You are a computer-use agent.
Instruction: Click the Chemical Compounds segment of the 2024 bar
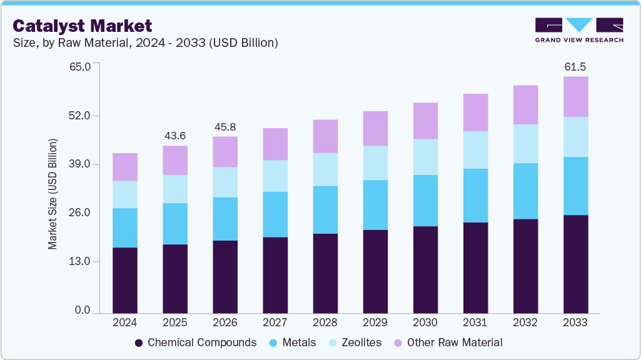coord(125,280)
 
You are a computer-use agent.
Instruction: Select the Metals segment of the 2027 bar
coord(275,214)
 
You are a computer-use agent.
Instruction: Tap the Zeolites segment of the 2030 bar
coord(425,157)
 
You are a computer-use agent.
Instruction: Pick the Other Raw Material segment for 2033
coord(575,97)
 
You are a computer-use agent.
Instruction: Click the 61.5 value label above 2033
coord(575,67)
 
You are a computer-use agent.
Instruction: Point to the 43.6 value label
coord(175,136)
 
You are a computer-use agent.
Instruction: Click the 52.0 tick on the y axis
coord(79,116)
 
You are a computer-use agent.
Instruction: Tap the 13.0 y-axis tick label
coord(79,261)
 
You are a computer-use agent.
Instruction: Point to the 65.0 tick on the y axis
coord(79,66)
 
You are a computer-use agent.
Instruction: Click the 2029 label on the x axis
coord(375,322)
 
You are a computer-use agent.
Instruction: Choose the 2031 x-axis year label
coord(475,322)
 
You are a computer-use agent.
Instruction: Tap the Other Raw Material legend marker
coord(398,342)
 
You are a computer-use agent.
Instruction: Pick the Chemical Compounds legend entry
coord(195,342)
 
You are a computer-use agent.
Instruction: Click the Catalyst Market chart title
coord(82,26)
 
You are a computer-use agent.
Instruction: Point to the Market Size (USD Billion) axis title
coord(53,194)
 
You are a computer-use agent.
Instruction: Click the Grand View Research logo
coord(578,30)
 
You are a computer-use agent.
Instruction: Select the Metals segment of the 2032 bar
coord(525,191)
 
